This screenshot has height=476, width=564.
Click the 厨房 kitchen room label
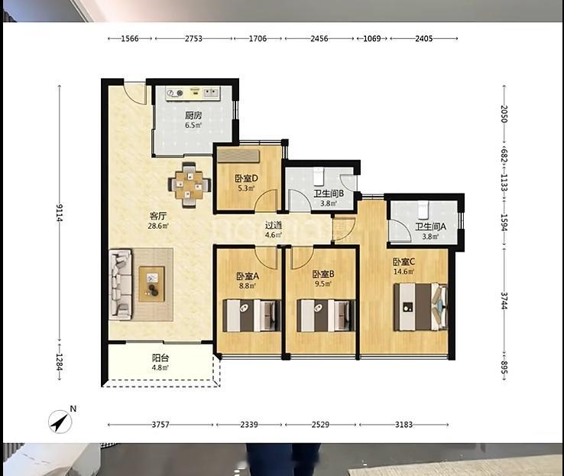tap(193, 116)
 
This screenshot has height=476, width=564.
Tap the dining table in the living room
tap(190, 185)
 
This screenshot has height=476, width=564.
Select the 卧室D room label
tap(246, 178)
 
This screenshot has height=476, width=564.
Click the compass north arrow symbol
tap(60, 421)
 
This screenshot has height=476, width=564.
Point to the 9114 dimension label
tap(60, 213)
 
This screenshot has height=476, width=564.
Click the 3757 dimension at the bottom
tap(160, 425)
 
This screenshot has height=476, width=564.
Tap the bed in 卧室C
tap(420, 307)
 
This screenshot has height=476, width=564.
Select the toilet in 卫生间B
tap(319, 175)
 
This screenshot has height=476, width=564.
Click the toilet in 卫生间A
tap(423, 210)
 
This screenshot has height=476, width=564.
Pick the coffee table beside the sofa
tap(152, 284)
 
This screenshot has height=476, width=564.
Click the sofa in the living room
tap(120, 285)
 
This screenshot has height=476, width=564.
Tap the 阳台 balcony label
tap(160, 358)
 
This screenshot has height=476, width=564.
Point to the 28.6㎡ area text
tap(158, 226)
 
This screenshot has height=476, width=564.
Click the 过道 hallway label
tap(274, 226)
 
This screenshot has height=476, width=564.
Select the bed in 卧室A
tap(251, 315)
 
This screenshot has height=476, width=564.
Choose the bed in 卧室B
tap(326, 315)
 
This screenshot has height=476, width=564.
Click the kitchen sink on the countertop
tap(212, 93)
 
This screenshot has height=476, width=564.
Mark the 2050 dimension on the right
tap(504, 114)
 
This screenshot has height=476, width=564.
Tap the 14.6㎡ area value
tap(404, 272)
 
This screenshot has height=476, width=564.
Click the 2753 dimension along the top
tap(193, 38)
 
